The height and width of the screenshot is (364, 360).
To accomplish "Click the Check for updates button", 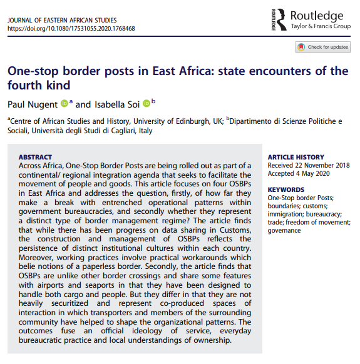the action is [x=322, y=47].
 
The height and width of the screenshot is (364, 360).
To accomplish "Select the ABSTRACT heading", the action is [x=36, y=157].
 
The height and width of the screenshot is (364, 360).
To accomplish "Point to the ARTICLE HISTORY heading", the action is [x=296, y=157].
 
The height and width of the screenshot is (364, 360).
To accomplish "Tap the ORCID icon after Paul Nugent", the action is [x=64, y=103].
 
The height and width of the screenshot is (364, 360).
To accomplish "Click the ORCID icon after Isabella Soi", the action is [x=147, y=103].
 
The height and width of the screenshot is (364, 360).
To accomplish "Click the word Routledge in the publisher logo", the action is [x=317, y=15].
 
